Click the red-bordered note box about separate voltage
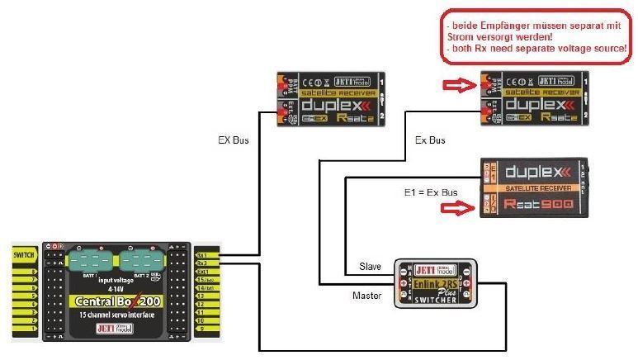click(x=536, y=37)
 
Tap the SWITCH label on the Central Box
click(x=22, y=255)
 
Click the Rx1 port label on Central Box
click(x=201, y=255)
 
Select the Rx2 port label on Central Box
click(x=201, y=263)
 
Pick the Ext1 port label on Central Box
click(x=201, y=272)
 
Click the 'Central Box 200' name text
click(x=116, y=302)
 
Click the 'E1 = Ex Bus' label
click(x=430, y=192)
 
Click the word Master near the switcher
click(x=368, y=294)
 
